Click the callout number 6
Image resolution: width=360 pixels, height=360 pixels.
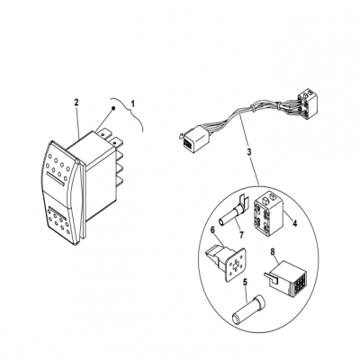pyautogui.click(x=212, y=229)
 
